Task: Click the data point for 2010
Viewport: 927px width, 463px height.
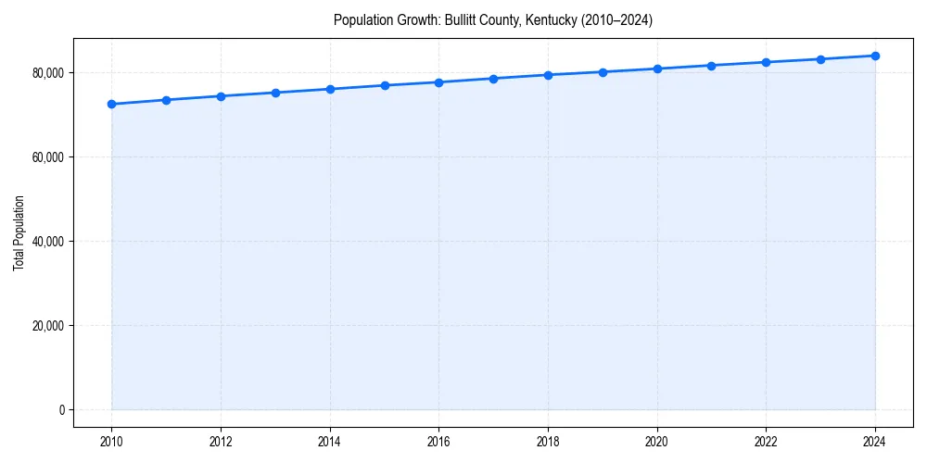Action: click(111, 104)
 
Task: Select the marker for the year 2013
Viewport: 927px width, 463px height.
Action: click(275, 93)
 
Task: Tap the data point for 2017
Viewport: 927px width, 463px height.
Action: click(493, 79)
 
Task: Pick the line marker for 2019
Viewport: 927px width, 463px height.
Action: click(603, 71)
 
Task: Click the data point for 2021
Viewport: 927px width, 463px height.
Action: click(711, 66)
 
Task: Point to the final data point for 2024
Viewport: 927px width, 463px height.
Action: click(875, 56)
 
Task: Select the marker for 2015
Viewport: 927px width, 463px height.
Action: click(385, 85)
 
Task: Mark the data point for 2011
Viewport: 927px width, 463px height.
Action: click(166, 100)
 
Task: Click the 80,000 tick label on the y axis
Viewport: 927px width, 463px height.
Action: click(46, 73)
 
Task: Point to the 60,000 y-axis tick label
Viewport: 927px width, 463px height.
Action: click(46, 157)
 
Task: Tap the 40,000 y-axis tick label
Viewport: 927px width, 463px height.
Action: click(46, 242)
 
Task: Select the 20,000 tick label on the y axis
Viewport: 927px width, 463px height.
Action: click(46, 326)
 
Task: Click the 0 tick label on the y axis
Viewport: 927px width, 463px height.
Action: click(60, 410)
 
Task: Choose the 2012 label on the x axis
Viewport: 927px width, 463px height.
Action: click(221, 443)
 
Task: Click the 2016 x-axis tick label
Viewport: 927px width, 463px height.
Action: click(438, 443)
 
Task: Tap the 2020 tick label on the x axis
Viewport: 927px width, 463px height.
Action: click(657, 443)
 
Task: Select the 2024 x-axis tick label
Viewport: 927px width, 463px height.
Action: click(875, 443)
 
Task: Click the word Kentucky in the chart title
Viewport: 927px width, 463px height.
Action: click(551, 20)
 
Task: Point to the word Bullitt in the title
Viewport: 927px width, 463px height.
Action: click(463, 20)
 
